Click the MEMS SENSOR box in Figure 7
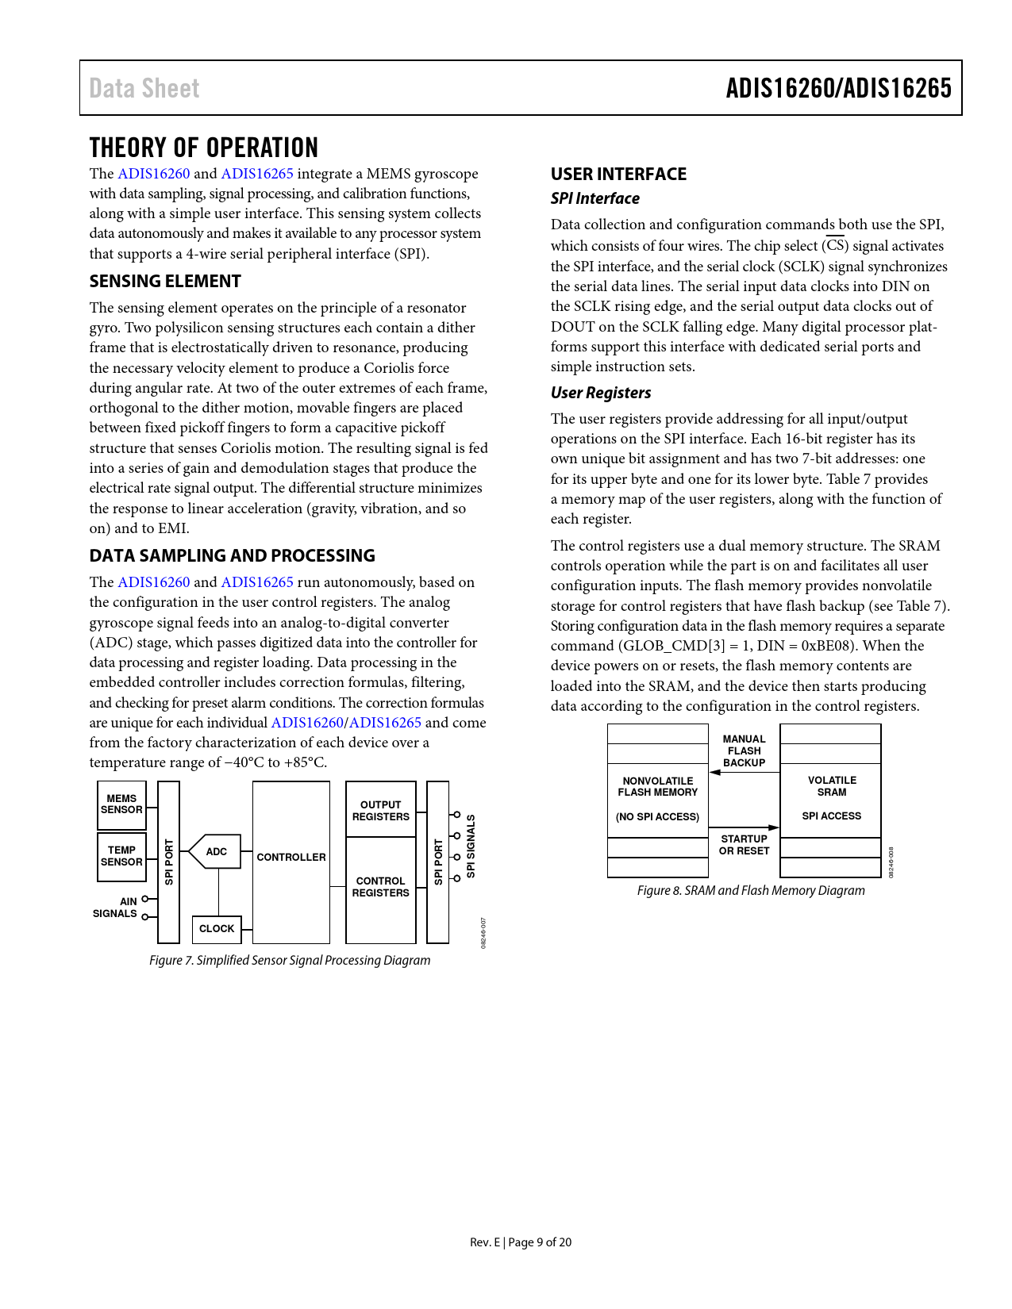point(121,804)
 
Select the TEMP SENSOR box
point(121,856)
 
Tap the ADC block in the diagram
point(215,852)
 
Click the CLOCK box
point(217,928)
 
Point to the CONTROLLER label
point(291,858)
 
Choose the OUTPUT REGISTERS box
point(381,810)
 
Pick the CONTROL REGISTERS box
point(381,887)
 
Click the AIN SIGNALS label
point(116,908)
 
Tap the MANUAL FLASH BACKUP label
point(744,750)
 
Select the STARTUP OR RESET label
point(744,845)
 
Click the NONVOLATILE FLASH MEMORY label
point(658,787)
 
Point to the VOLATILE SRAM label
point(832,786)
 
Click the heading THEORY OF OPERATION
point(204,148)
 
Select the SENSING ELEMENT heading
point(165,282)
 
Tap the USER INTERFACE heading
point(618,175)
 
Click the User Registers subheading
point(601,393)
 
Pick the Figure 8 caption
point(751,890)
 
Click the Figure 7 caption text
point(290,960)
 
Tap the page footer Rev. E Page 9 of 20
point(521,1242)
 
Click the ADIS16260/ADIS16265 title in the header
point(838,88)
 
